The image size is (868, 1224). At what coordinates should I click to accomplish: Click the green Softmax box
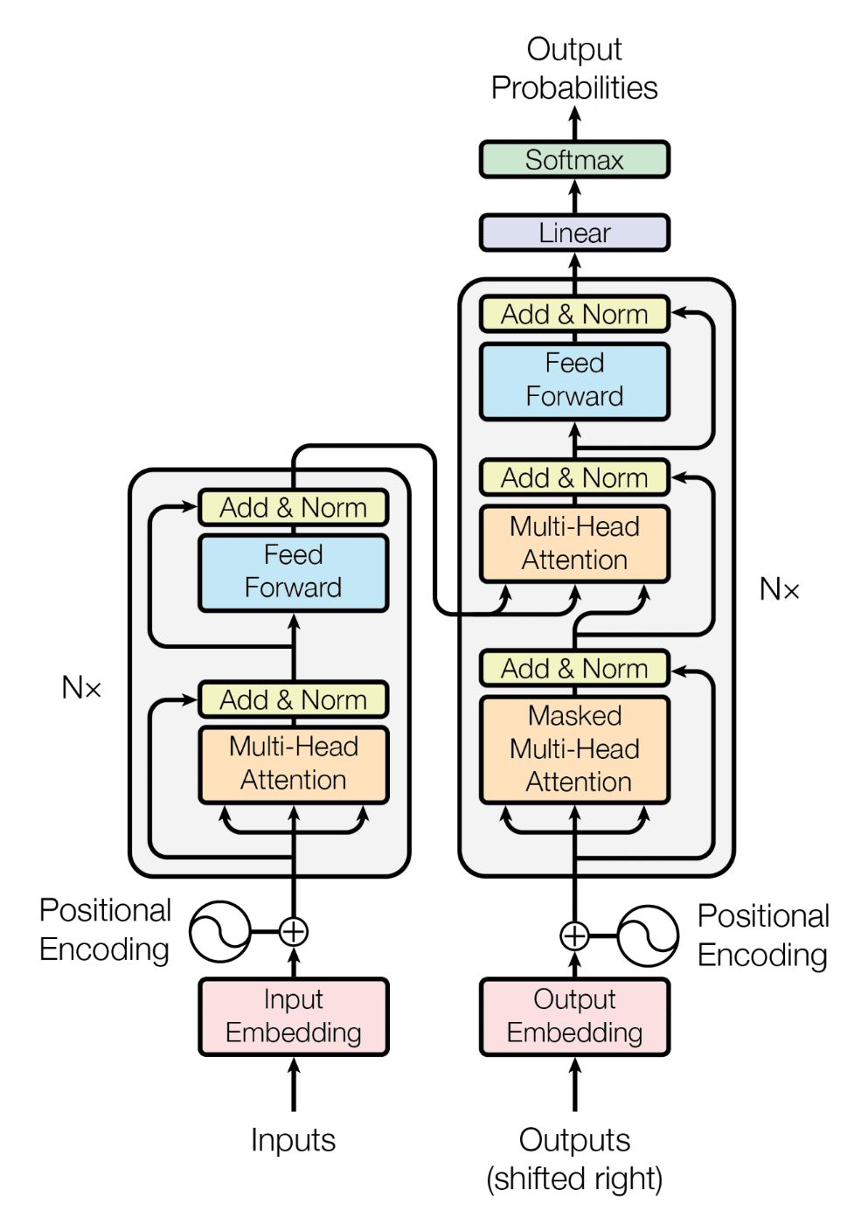pos(574,160)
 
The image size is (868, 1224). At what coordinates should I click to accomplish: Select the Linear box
pos(574,233)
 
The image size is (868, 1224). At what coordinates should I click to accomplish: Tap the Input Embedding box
pos(293,1016)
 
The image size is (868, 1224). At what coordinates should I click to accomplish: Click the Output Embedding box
pos(574,1016)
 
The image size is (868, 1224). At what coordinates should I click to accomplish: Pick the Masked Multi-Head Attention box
pos(574,749)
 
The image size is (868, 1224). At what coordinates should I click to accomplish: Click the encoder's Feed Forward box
pos(293,572)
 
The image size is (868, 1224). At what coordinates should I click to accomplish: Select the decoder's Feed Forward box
pos(574,380)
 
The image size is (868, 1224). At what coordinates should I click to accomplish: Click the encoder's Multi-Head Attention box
pos(293,763)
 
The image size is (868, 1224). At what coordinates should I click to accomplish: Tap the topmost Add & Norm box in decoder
pos(574,314)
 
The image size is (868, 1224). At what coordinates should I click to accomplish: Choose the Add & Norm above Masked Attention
pos(574,669)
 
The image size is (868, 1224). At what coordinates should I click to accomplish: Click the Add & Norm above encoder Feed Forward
pos(293,507)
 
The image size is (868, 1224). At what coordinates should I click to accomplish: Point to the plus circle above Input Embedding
pos(293,932)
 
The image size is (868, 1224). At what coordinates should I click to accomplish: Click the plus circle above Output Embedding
pos(574,935)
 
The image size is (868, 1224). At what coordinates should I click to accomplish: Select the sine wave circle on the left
pos(219,932)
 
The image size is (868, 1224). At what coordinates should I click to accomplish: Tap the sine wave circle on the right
pos(648,935)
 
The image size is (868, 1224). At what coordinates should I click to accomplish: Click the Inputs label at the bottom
pos(293,1140)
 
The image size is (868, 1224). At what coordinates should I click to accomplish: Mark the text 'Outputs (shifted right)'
pos(574,1159)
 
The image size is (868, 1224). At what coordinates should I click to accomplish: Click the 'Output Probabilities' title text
pos(574,68)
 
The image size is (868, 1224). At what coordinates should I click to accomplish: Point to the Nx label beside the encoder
pos(81,688)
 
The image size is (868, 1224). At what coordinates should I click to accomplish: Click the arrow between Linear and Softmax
pos(574,197)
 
